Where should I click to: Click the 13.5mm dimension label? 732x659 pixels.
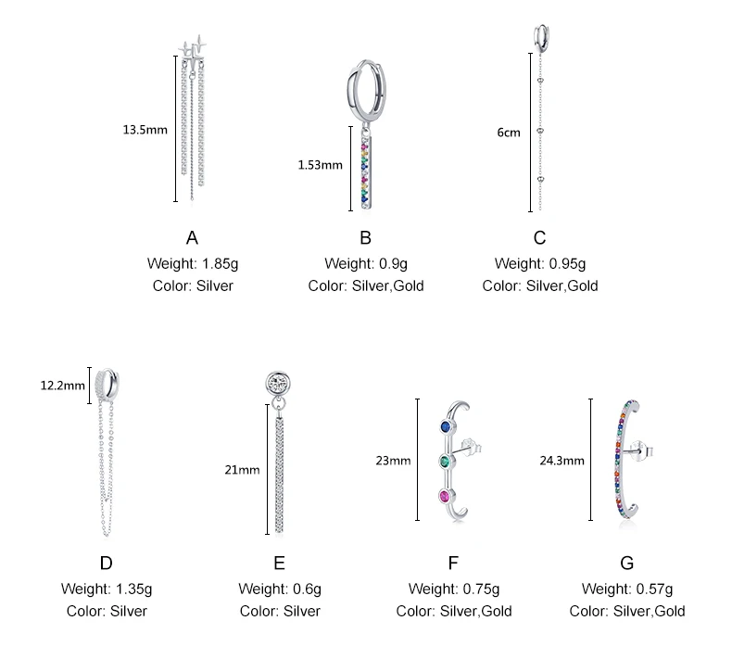(145, 130)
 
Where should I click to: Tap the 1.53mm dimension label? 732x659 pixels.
(320, 165)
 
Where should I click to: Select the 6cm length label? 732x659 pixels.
(509, 133)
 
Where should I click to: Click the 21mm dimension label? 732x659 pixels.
(242, 470)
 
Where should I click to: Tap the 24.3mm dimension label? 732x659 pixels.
(562, 460)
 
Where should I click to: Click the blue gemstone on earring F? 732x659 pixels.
(446, 426)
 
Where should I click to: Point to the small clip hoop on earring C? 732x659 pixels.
(539, 35)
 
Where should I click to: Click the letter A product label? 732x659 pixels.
(193, 238)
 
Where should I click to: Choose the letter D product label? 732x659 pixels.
(106, 563)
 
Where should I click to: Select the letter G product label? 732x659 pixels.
(626, 563)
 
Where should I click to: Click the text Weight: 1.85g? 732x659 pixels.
(193, 263)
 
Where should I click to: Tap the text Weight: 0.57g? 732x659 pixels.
(627, 589)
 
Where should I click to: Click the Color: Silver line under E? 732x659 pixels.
(280, 611)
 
